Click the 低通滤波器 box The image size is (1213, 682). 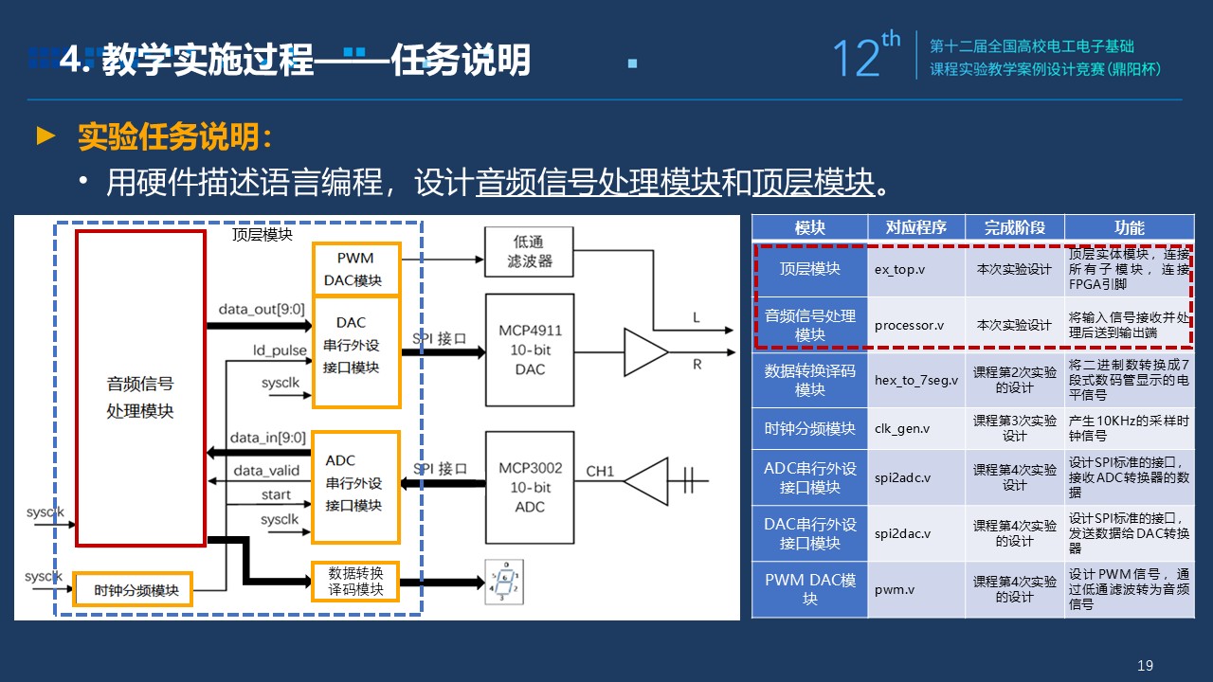point(529,252)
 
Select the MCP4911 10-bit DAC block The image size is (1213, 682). point(530,350)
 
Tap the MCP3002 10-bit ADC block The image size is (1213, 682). point(530,487)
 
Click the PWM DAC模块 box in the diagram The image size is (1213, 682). point(356,269)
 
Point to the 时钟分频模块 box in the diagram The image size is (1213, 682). point(133,589)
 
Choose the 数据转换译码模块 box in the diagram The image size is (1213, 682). point(355,582)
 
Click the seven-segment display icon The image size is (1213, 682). point(504,582)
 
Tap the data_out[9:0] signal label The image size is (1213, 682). point(262,309)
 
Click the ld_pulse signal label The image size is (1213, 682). point(280,350)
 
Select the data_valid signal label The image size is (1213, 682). point(266,471)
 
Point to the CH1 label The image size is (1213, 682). point(600,472)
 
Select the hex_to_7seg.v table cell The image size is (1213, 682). point(915,380)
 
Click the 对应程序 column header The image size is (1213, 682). point(915,227)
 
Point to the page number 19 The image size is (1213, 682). point(1145,665)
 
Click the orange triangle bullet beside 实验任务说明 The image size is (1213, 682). point(45,135)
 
